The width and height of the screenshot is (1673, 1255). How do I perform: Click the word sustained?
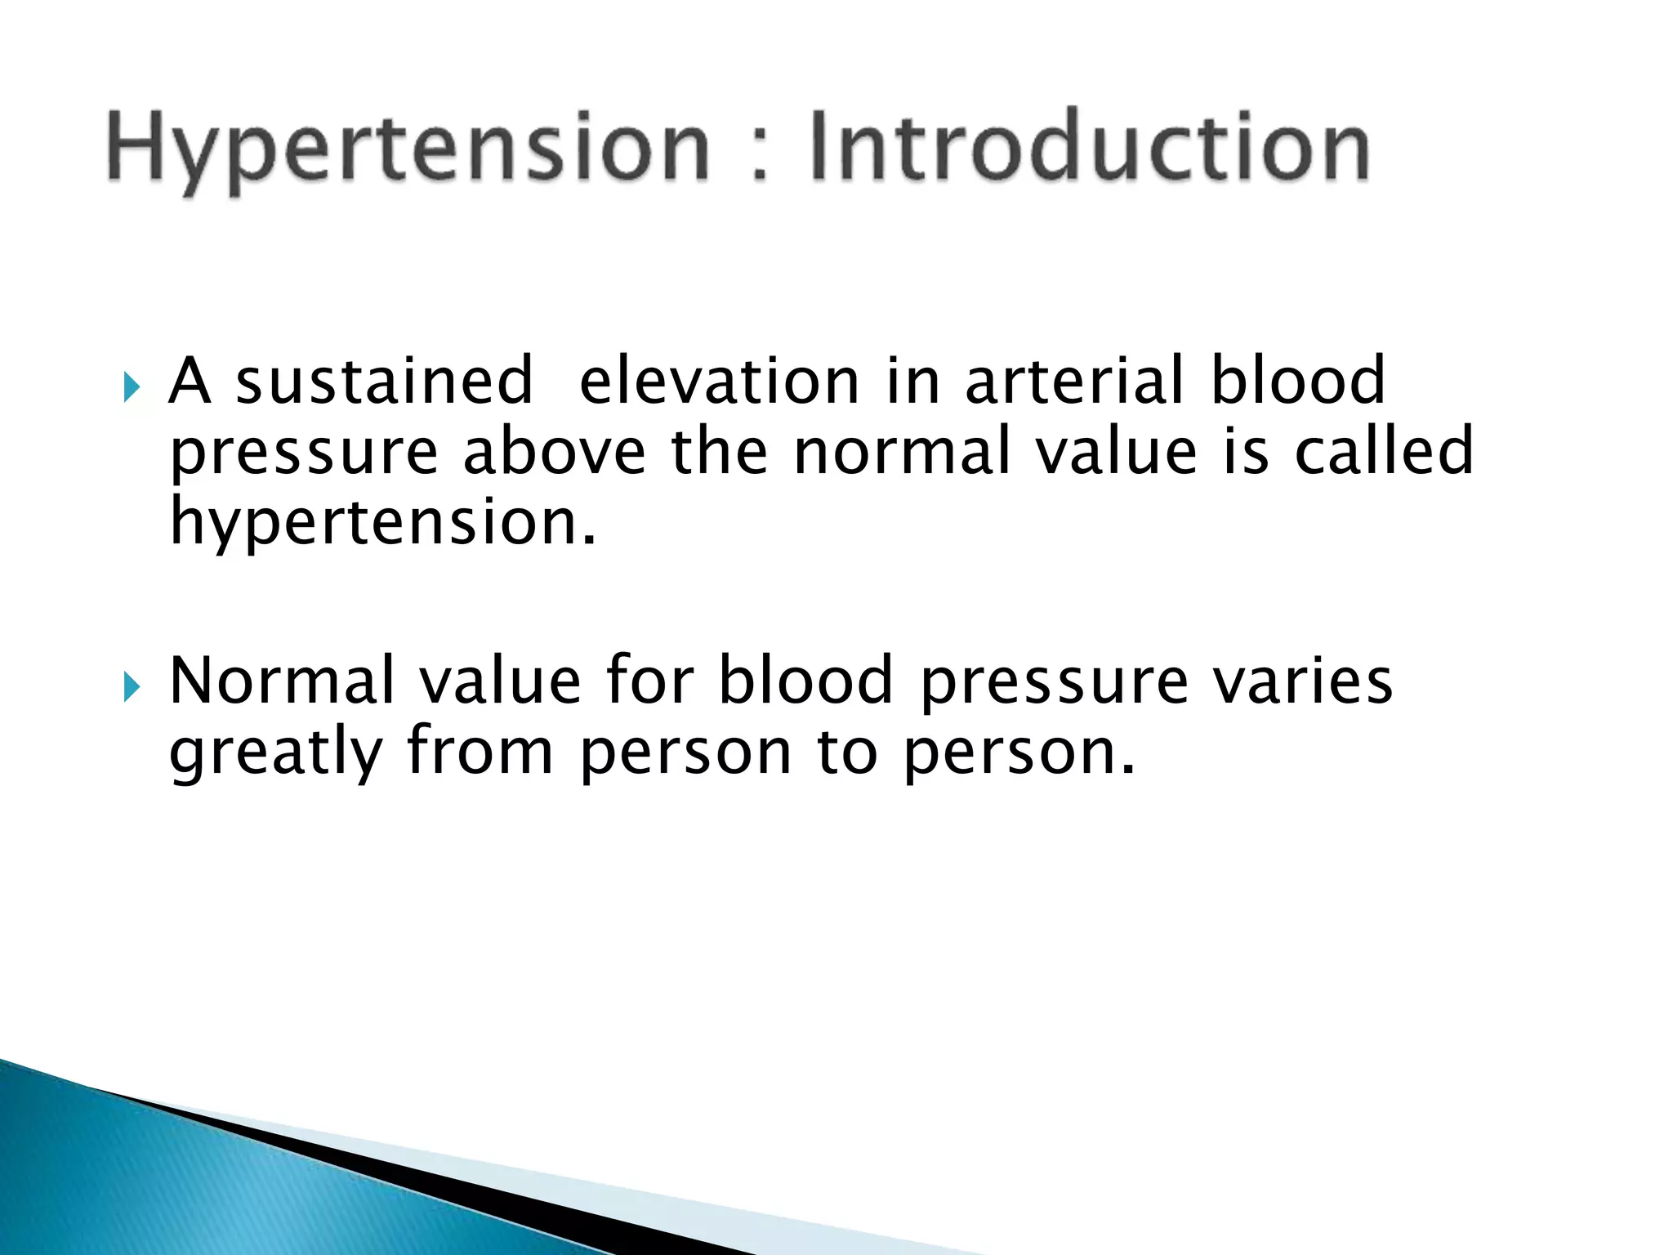[x=384, y=381]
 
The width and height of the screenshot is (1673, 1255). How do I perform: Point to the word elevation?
[x=719, y=381]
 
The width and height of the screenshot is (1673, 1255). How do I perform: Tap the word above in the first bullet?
[x=554, y=451]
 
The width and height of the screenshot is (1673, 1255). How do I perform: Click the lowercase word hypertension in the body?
[x=382, y=523]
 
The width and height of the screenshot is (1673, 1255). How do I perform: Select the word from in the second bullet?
[x=480, y=752]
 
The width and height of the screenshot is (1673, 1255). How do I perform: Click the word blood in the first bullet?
[x=1297, y=381]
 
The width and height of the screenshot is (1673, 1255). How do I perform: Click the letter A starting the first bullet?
[x=190, y=381]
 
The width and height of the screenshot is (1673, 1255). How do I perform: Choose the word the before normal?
[x=719, y=451]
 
